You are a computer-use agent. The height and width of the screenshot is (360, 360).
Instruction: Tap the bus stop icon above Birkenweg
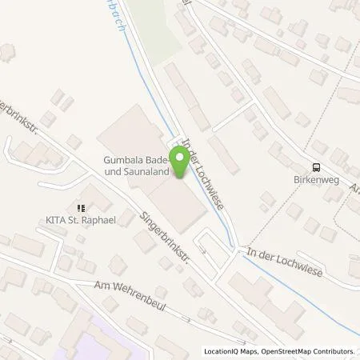[317, 167]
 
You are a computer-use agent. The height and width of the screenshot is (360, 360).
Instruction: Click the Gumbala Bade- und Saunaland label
[141, 165]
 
